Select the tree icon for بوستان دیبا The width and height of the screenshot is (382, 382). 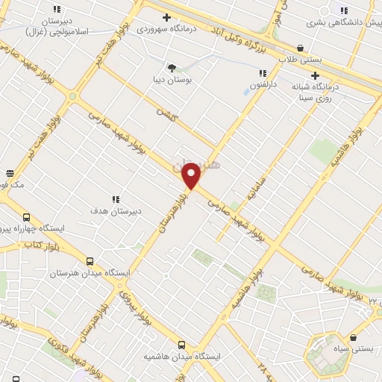[x=172, y=66]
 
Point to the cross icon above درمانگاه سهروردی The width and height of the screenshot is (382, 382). [x=166, y=17]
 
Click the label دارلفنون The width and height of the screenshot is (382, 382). [x=263, y=85]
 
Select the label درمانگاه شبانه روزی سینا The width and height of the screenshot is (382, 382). [x=317, y=91]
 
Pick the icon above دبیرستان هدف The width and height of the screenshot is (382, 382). [x=116, y=199]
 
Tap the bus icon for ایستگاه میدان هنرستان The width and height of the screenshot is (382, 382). [x=90, y=262]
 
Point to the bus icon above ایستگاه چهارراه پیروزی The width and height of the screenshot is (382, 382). [x=27, y=216]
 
